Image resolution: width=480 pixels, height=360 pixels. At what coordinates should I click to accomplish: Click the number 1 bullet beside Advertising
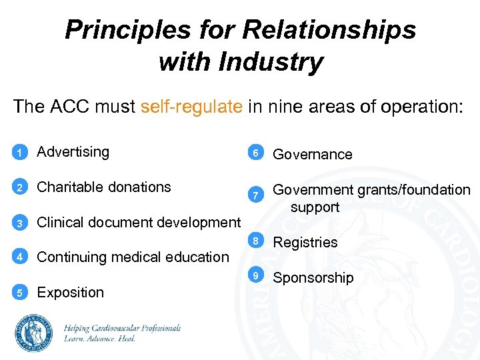coord(20,153)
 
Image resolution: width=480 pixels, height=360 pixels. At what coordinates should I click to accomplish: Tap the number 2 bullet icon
coord(20,188)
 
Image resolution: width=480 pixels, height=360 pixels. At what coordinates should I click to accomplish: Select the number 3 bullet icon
coord(20,223)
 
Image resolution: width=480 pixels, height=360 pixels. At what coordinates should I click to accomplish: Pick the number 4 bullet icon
coord(20,257)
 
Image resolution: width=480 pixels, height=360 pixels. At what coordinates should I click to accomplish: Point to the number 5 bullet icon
coord(20,293)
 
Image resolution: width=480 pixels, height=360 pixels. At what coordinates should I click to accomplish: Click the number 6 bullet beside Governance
coord(254,154)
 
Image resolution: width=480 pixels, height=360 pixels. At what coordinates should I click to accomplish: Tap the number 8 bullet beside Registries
coord(254,240)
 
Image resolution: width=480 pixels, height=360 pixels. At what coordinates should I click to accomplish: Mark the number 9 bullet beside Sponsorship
coord(254,275)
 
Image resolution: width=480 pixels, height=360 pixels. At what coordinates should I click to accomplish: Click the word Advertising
coord(73,152)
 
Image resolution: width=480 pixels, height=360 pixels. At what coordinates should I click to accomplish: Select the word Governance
coord(313,155)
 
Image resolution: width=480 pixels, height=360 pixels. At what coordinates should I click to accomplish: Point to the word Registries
coord(305,243)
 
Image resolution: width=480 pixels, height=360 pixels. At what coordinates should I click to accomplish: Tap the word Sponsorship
coord(313,278)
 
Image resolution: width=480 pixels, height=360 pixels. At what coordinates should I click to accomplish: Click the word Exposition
coord(71,293)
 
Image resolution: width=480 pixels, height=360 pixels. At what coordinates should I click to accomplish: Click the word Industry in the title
coord(274,63)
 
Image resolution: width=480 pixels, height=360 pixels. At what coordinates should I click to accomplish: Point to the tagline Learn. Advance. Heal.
coord(100,339)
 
